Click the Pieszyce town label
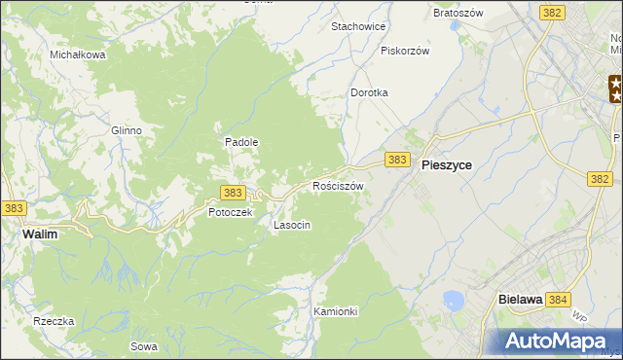[447, 165]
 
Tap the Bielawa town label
[519, 301]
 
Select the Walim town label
[43, 234]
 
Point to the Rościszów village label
[338, 185]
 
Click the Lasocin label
[292, 225]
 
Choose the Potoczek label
[230, 212]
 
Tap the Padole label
[241, 141]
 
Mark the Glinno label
[127, 130]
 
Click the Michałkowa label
[78, 55]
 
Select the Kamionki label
[337, 311]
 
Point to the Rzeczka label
[54, 321]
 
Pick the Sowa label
[143, 345]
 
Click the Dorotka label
[369, 92]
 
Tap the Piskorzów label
[405, 51]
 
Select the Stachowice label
[359, 26]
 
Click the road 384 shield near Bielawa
[558, 301]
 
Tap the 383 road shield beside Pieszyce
[396, 159]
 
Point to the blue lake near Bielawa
[453, 301]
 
